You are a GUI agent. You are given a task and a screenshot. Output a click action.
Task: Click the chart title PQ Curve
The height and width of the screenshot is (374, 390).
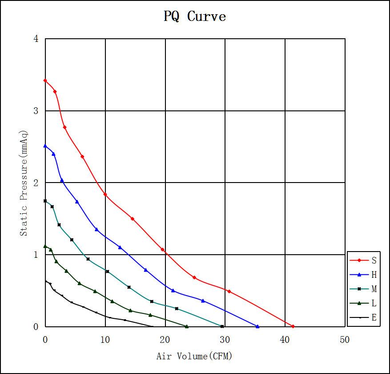(195, 16)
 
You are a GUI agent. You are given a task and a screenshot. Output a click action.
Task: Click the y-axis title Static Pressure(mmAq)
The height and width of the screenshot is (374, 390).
(24, 183)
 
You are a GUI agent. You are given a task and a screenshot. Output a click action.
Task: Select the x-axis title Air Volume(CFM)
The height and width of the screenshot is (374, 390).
(194, 356)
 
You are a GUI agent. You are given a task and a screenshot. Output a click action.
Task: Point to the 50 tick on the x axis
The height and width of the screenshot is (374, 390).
(345, 340)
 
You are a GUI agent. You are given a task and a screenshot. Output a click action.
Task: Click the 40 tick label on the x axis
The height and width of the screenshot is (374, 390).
(285, 340)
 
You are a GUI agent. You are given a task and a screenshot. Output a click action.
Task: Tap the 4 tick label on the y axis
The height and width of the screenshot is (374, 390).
(36, 39)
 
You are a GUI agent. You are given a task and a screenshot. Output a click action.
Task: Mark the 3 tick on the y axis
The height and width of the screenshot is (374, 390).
(36, 111)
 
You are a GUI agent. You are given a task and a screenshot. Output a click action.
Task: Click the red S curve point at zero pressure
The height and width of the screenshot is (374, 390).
(293, 326)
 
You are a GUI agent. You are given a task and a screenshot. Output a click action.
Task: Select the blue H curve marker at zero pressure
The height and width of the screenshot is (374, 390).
(257, 326)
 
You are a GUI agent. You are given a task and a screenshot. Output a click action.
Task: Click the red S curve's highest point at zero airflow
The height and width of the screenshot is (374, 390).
(45, 81)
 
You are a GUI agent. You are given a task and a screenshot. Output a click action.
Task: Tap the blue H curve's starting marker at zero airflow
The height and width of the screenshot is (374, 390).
(45, 146)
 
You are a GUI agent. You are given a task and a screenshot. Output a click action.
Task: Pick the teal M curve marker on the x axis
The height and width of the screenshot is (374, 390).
(222, 326)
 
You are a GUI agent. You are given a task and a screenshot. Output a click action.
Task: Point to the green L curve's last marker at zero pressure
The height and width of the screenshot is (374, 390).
(186, 326)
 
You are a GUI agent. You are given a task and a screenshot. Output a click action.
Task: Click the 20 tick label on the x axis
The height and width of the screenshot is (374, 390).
(165, 340)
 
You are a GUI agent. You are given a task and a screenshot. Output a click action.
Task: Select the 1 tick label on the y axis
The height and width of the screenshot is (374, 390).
(36, 255)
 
